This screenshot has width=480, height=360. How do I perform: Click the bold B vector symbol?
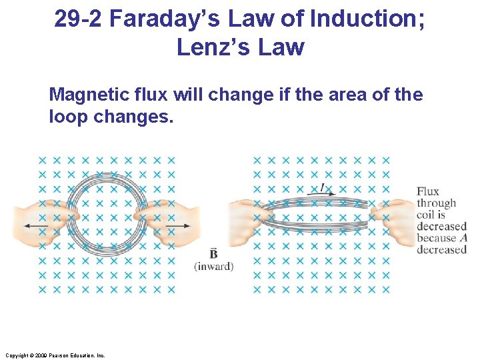[x=213, y=254]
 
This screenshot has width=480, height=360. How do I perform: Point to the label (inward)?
[x=213, y=267]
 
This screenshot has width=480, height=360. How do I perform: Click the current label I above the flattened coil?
[x=323, y=188]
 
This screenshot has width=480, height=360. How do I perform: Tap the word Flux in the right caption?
[x=428, y=191]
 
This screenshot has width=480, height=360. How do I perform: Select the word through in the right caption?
[x=436, y=203]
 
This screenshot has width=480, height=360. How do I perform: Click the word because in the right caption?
[x=436, y=238]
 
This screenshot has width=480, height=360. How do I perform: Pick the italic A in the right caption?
[x=463, y=238]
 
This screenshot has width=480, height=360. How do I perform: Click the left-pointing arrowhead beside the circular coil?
[x=27, y=227]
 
